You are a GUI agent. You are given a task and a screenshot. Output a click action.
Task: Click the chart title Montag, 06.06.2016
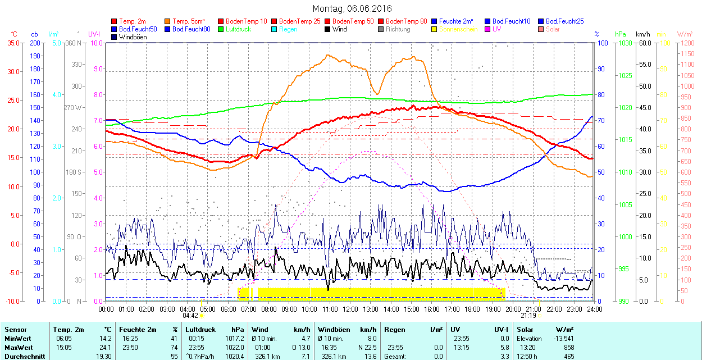click(352, 8)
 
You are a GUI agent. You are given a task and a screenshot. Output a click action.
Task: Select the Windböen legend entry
click(133, 37)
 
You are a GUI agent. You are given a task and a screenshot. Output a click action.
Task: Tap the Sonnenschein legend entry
click(458, 29)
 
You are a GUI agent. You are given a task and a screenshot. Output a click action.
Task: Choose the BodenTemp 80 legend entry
click(407, 21)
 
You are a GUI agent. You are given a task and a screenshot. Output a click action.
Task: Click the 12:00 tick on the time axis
click(350, 309)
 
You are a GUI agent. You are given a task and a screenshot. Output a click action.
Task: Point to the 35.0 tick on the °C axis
click(11, 43)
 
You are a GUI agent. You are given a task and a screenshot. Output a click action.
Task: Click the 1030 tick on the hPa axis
click(623, 43)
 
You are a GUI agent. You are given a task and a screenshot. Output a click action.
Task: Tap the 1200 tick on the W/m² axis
click(687, 43)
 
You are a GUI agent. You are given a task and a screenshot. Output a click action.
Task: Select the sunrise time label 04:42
click(191, 316)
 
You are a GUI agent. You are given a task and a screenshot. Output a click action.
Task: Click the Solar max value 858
click(568, 347)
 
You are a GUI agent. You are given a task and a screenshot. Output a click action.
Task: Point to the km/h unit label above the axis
click(643, 34)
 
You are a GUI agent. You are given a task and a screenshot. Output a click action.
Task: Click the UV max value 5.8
click(504, 347)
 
